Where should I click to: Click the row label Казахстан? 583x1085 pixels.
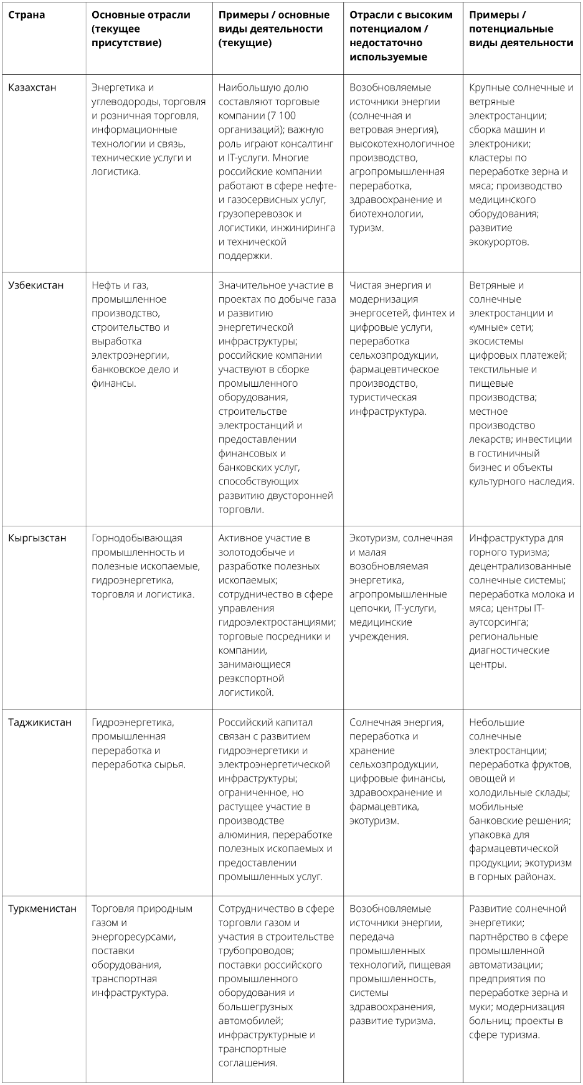tap(32, 87)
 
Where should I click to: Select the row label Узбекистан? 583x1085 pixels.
tap(36, 285)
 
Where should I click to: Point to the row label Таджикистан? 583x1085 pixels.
tap(39, 723)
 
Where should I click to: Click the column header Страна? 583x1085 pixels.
tap(26, 15)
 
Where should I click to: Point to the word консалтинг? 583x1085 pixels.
tap(308, 144)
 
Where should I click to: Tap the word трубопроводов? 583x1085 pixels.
tap(254, 951)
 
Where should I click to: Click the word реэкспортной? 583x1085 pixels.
tap(251, 678)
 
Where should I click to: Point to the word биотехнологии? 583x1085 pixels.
tap(386, 214)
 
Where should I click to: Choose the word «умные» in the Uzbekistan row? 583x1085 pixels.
tap(488, 327)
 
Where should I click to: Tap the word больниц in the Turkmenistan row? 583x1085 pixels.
tap(485, 1021)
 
